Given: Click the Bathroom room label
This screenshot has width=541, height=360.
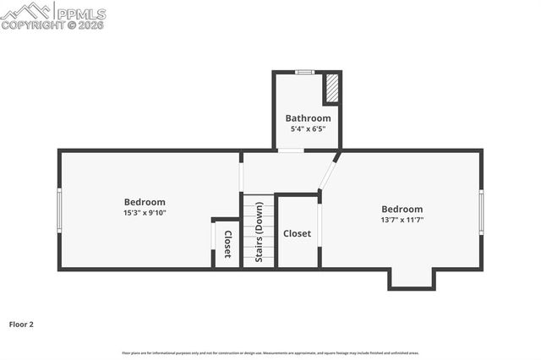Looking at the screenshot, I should (308, 117).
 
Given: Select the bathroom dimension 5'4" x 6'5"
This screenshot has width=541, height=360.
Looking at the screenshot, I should (308, 128).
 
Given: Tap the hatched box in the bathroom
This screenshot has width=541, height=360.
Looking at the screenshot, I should (332, 89).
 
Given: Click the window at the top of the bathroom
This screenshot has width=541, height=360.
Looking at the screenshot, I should (305, 72).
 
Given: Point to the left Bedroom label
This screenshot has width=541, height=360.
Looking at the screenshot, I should (145, 202).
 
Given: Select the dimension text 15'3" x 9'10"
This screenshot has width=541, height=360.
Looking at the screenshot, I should (145, 213).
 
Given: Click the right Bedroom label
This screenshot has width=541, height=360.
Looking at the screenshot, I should (402, 209).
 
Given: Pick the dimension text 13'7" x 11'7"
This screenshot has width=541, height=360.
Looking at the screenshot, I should (402, 220).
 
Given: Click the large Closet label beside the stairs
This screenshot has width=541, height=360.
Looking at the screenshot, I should (297, 233).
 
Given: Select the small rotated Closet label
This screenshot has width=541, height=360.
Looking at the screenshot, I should (227, 244).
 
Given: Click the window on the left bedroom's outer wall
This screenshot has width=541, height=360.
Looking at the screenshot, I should (59, 210).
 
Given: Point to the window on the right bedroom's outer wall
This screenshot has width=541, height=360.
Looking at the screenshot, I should (481, 211).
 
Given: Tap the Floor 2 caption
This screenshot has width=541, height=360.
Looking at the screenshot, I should (21, 324).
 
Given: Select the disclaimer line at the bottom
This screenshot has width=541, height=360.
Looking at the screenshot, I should (270, 353).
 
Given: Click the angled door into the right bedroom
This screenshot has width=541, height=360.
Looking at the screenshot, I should (329, 172).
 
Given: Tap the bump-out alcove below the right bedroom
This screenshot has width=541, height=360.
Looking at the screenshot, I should (412, 278).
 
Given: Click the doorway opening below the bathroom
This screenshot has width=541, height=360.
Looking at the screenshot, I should (292, 151).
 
